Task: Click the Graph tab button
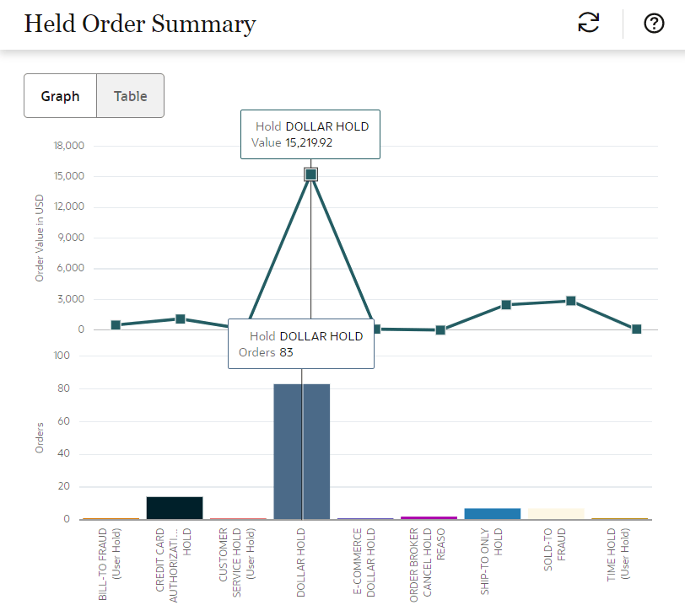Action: [61, 96]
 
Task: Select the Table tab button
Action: [131, 96]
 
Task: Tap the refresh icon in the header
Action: [588, 24]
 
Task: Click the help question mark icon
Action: [654, 24]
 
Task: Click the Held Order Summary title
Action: [139, 24]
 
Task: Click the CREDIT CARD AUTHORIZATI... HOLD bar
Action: [175, 508]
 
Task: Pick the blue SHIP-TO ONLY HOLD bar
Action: [493, 513]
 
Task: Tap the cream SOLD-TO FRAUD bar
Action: [556, 513]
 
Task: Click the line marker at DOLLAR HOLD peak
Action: [310, 174]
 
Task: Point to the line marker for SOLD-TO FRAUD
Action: [571, 301]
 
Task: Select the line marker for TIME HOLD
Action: [637, 329]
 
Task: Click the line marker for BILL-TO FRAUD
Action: [116, 325]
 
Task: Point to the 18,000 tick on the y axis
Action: [68, 146]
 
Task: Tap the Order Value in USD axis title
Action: [39, 238]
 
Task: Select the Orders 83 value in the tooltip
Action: [286, 352]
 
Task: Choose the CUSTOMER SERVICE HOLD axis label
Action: [230, 562]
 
